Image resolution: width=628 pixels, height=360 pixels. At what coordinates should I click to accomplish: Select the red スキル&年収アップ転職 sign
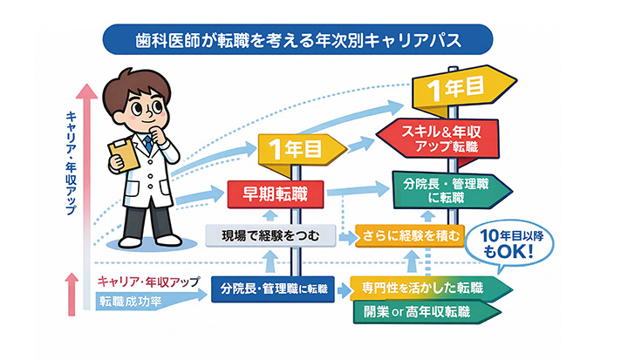[439, 139]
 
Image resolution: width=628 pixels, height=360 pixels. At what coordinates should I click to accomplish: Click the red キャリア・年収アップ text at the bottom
[147, 282]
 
